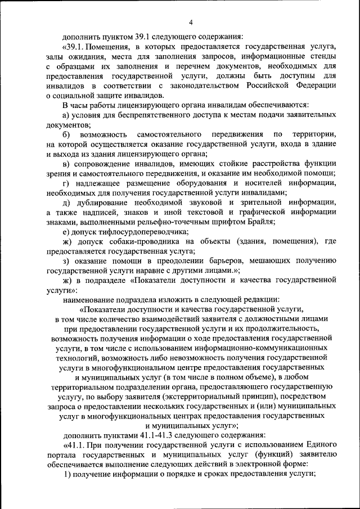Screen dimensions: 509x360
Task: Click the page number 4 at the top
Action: pos(191,22)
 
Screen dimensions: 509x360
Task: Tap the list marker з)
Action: pos(66,262)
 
